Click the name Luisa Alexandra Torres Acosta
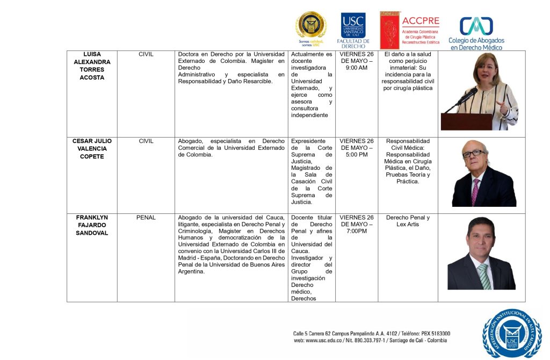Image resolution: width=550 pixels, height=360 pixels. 92,66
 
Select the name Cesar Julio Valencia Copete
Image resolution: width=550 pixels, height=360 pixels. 92,149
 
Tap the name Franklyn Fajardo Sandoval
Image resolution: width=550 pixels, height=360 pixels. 92,225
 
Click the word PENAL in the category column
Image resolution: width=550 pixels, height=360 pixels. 146,218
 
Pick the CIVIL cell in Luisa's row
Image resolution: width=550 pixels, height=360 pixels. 146,54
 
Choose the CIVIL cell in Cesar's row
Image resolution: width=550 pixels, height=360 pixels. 146,141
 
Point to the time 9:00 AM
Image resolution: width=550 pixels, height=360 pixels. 357,68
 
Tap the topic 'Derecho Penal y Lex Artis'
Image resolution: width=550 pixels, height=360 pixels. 408,221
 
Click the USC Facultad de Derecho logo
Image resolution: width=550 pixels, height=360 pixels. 353,31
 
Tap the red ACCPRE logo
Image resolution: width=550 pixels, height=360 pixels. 409,30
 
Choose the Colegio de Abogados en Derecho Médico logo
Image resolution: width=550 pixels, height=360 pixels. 476,33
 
